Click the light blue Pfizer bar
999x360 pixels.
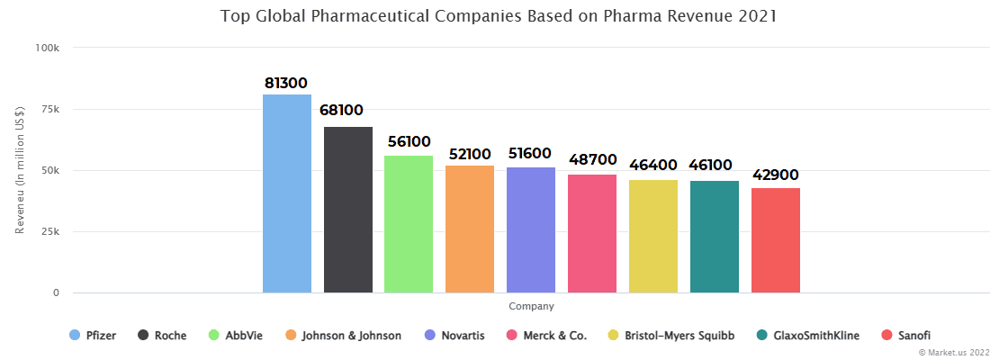[286, 193]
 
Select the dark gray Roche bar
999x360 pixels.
[347, 210]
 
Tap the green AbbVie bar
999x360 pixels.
[409, 224]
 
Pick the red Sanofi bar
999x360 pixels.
[776, 240]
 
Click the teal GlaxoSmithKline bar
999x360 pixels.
[715, 237]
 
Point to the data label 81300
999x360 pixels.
[286, 83]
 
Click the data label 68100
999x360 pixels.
[342, 111]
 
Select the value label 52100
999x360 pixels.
[470, 154]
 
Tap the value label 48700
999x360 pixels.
[591, 159]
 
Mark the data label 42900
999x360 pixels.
[776, 175]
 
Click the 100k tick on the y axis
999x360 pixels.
[47, 48]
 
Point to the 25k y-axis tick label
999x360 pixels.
[49, 232]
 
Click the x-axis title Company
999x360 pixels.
[531, 307]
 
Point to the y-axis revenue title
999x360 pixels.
[20, 171]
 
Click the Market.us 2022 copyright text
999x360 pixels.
[953, 353]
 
